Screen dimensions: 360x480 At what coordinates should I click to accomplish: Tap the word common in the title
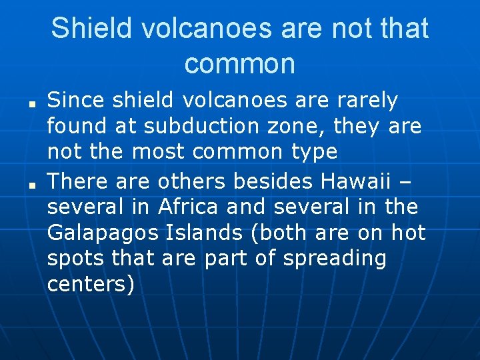coord(239,63)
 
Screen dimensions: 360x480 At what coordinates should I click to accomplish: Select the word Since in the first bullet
coord(76,101)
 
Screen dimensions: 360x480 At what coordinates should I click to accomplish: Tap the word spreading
coord(335,258)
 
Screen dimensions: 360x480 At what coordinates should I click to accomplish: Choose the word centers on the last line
coord(91,284)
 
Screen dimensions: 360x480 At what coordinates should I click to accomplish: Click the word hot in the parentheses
coord(408,233)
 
